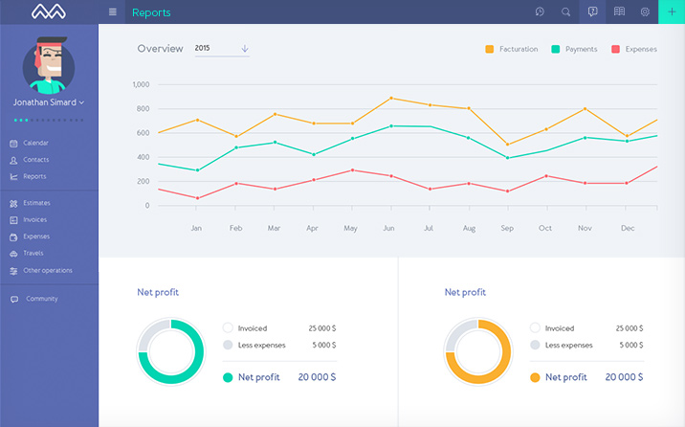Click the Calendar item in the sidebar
point(35,143)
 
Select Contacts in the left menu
point(35,160)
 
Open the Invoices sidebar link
point(34,219)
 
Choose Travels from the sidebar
point(33,253)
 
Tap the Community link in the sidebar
point(41,299)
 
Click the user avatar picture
point(49,64)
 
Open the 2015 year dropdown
point(221,49)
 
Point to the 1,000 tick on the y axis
point(142,84)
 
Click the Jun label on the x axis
point(387,228)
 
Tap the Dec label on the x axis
point(628,228)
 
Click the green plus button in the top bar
point(672,11)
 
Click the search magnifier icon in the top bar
point(565,11)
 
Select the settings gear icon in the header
point(645,11)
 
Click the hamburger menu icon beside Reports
point(113,11)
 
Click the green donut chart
point(171,351)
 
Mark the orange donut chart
point(478,351)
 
